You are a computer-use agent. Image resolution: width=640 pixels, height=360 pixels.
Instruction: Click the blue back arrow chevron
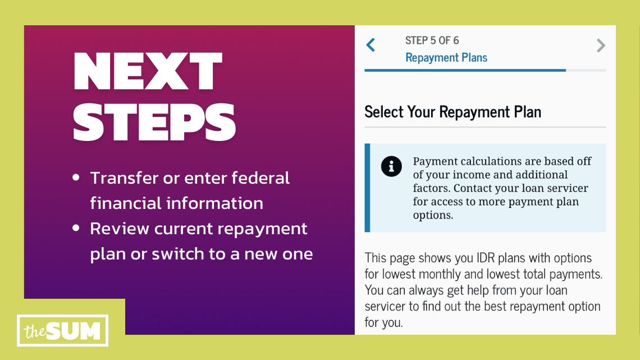tap(371, 45)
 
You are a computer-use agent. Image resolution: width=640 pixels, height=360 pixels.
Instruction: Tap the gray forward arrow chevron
tap(601, 45)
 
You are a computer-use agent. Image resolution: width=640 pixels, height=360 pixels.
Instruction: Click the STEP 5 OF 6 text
tap(432, 40)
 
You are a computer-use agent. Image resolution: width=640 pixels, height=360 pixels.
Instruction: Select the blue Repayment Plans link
tap(446, 58)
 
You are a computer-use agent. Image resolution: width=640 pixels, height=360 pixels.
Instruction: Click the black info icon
tap(391, 166)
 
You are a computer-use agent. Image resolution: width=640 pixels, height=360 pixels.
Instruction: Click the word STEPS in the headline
tap(154, 121)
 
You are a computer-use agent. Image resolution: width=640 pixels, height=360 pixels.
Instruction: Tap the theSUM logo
tap(62, 331)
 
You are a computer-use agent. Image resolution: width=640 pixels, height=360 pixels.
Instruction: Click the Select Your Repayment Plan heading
tap(452, 112)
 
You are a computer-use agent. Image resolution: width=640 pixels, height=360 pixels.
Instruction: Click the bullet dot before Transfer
tap(76, 178)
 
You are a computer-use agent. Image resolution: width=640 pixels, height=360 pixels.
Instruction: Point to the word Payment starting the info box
tap(435, 161)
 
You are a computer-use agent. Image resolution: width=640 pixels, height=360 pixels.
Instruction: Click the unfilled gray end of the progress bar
tap(586, 70)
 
